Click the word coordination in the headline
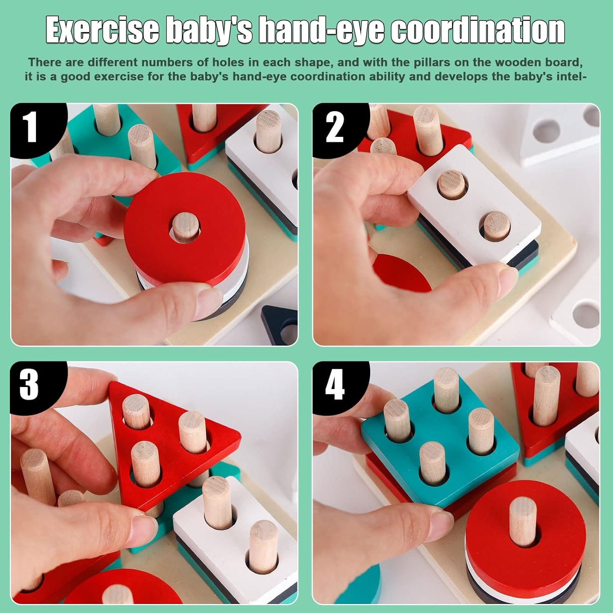478,31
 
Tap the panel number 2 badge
334,127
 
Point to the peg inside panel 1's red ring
185,227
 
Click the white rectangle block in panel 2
474,204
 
